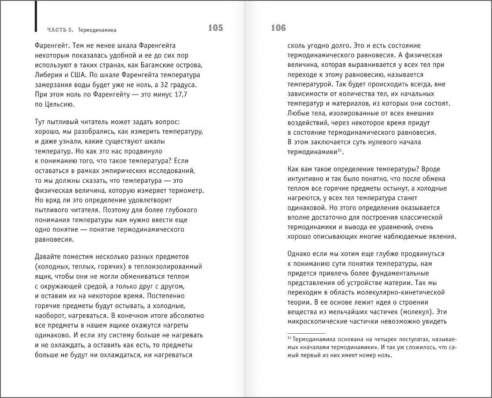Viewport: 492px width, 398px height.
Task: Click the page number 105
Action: coord(216,28)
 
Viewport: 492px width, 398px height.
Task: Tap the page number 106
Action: coord(278,28)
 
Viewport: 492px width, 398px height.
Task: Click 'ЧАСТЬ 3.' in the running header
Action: coord(61,30)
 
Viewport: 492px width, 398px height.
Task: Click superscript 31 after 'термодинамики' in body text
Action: coord(340,150)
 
